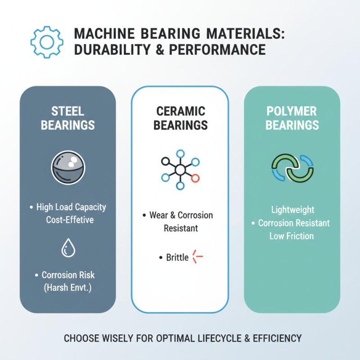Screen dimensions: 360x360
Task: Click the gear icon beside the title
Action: coord(45,42)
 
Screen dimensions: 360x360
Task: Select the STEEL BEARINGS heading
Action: coord(67,118)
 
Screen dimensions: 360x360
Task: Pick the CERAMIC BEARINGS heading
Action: coord(180,118)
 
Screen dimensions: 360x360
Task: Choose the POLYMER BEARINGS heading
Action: coord(292,118)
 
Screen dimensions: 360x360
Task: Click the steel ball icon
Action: coord(68,167)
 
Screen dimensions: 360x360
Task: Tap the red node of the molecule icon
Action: coord(195,179)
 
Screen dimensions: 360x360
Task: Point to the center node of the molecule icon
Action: coord(180,170)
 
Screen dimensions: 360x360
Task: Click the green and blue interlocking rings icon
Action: coord(292,168)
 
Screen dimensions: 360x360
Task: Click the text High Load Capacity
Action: coord(71,207)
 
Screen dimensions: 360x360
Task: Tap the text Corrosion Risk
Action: coord(68,275)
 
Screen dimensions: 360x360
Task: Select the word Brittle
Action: coord(177,258)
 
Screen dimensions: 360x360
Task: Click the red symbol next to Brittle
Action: coord(198,257)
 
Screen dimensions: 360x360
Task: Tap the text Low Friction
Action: coord(292,236)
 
